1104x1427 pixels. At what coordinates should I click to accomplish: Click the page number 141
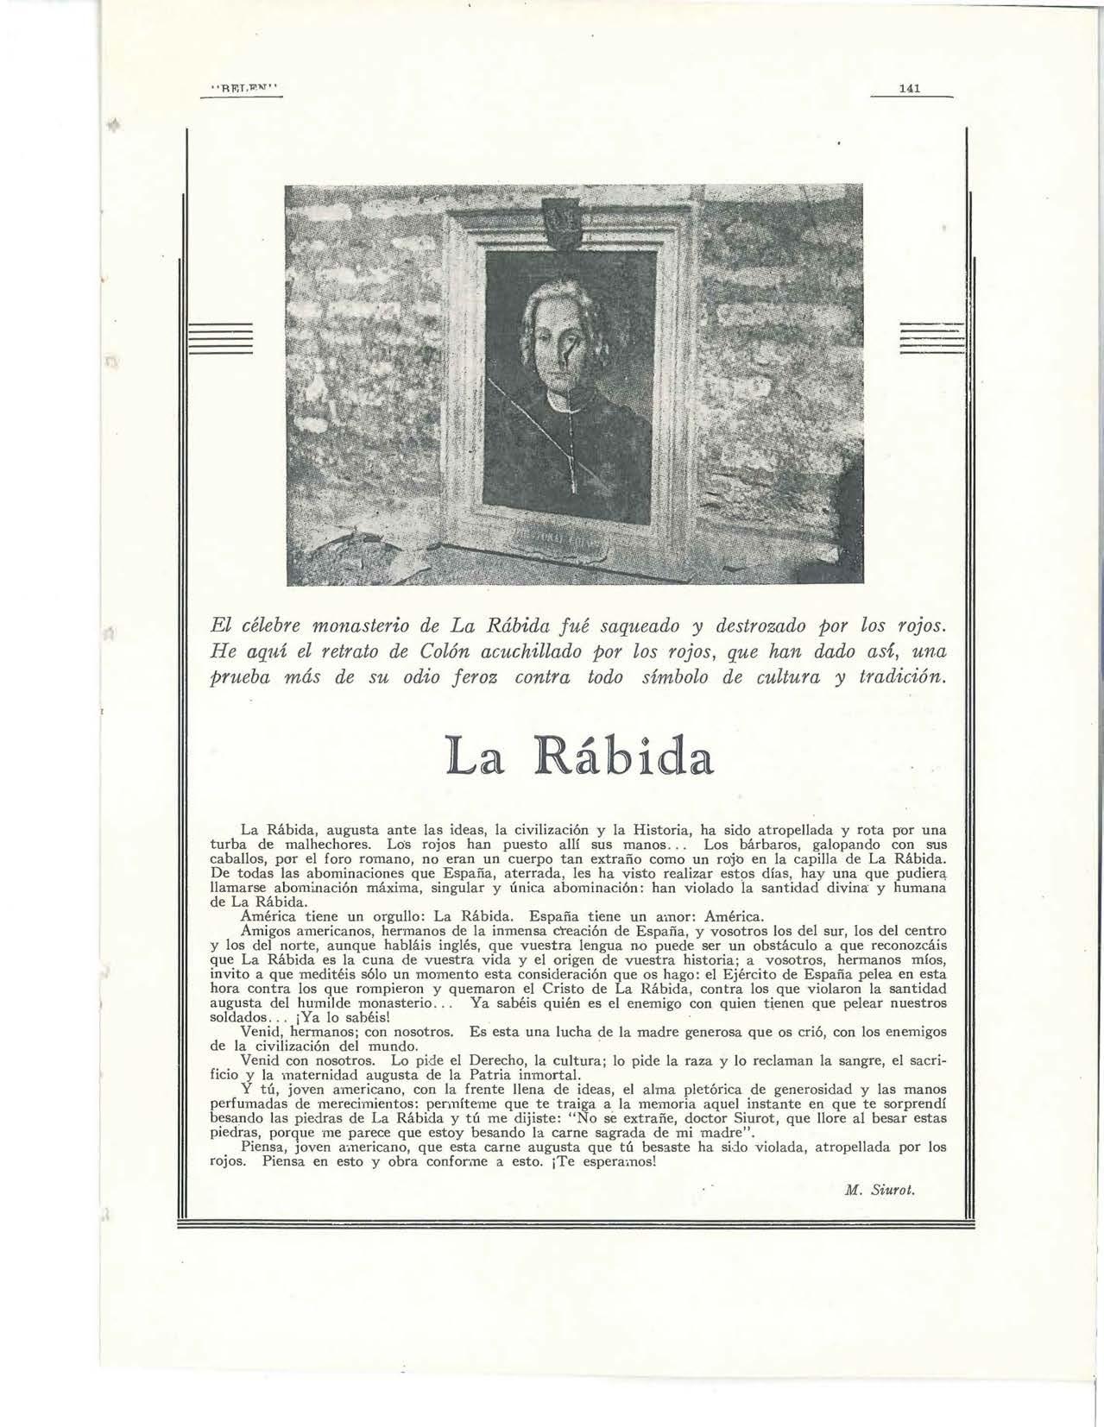click(912, 88)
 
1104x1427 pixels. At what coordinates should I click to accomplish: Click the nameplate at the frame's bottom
click(561, 544)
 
